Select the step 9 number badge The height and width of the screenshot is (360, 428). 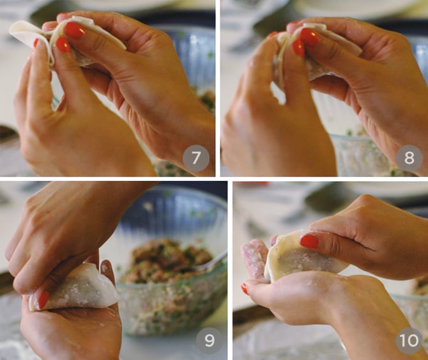coord(210,341)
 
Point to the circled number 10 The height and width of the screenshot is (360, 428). coord(409,341)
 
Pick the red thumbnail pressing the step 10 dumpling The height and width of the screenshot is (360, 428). coord(309,242)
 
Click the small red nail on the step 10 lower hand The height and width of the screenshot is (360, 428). coord(245,289)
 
